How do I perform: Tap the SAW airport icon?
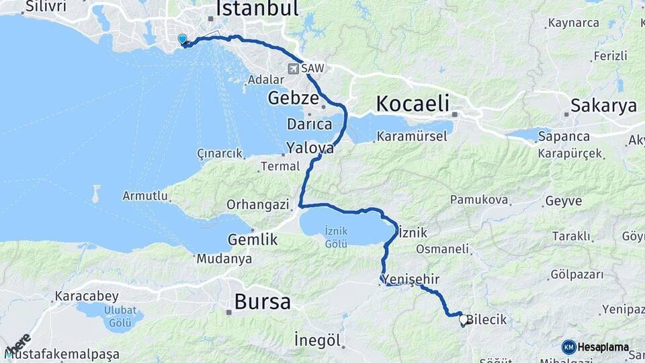pyautogui.click(x=294, y=68)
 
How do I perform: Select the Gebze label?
pyautogui.click(x=293, y=98)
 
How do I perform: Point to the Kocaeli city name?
pyautogui.click(x=412, y=104)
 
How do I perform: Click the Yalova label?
pyautogui.click(x=310, y=147)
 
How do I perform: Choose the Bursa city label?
pyautogui.click(x=262, y=302)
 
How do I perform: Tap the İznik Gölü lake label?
pyautogui.click(x=336, y=236)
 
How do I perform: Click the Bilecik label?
pyautogui.click(x=486, y=320)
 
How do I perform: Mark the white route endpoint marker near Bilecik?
pyautogui.click(x=463, y=321)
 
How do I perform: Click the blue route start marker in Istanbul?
pyautogui.click(x=182, y=39)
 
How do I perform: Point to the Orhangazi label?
pyautogui.click(x=257, y=204)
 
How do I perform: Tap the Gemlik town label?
pyautogui.click(x=253, y=239)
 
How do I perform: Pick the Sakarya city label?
pyautogui.click(x=603, y=105)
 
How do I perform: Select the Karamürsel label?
pyautogui.click(x=412, y=136)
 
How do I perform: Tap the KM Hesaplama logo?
pyautogui.click(x=595, y=347)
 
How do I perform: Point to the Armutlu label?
pyautogui.click(x=144, y=196)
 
